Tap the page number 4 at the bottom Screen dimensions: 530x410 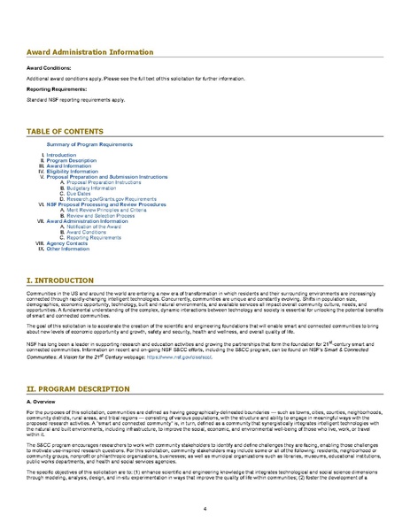click(x=205, y=510)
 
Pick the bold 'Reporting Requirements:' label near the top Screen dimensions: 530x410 click(x=58, y=89)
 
